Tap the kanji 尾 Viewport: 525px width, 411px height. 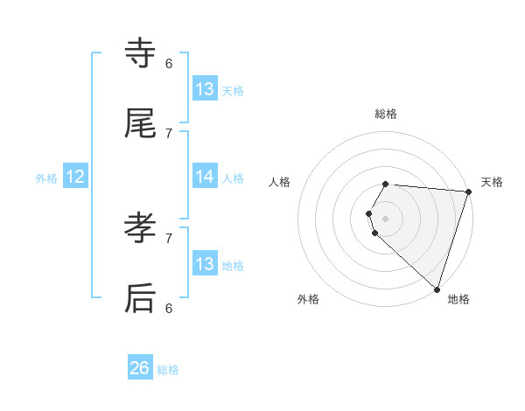click(x=140, y=123)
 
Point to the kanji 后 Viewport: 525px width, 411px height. click(x=140, y=298)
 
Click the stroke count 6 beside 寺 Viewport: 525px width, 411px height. click(x=169, y=63)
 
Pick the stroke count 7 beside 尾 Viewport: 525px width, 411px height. click(x=169, y=133)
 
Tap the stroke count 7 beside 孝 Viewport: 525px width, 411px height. click(x=169, y=237)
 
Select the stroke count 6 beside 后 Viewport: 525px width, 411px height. click(x=169, y=308)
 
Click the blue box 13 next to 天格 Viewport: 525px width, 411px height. click(x=204, y=88)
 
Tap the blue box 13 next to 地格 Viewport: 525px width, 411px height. click(x=204, y=263)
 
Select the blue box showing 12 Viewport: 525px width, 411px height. click(x=75, y=177)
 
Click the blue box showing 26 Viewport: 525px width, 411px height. click(x=140, y=368)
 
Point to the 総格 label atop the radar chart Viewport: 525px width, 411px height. click(x=386, y=114)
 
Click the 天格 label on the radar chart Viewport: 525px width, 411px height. click(x=492, y=182)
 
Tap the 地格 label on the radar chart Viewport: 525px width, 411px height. click(x=458, y=299)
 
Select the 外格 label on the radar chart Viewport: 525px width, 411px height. click(x=308, y=299)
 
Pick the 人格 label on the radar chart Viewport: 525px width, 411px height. click(x=280, y=182)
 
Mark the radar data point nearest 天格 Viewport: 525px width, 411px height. click(x=468, y=192)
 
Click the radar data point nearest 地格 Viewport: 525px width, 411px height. click(x=437, y=289)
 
